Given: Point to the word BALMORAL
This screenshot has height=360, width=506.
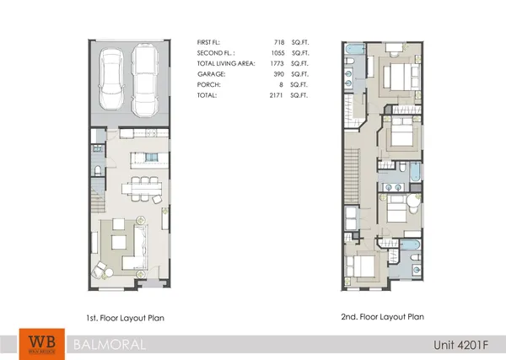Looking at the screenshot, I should pos(108,344).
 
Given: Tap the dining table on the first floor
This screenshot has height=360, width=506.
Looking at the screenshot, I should pos(137,186).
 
